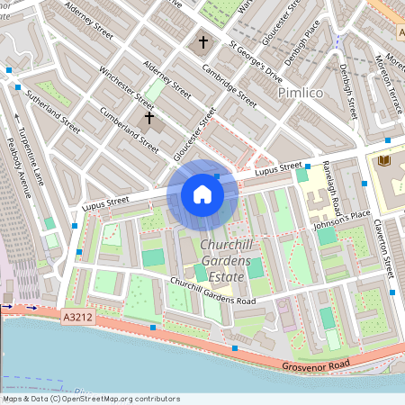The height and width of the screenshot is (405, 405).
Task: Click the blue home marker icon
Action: pos(202,193)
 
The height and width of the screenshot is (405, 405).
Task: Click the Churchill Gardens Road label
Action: pos(212,291)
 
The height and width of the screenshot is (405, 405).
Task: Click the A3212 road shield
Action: pos(78,318)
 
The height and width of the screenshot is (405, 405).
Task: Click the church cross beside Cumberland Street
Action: pos(148,117)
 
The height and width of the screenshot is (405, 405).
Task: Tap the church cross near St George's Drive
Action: pos(203,41)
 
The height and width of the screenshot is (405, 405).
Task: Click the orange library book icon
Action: pos(386,160)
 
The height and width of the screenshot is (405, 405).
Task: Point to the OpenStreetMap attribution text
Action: pos(92,398)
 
